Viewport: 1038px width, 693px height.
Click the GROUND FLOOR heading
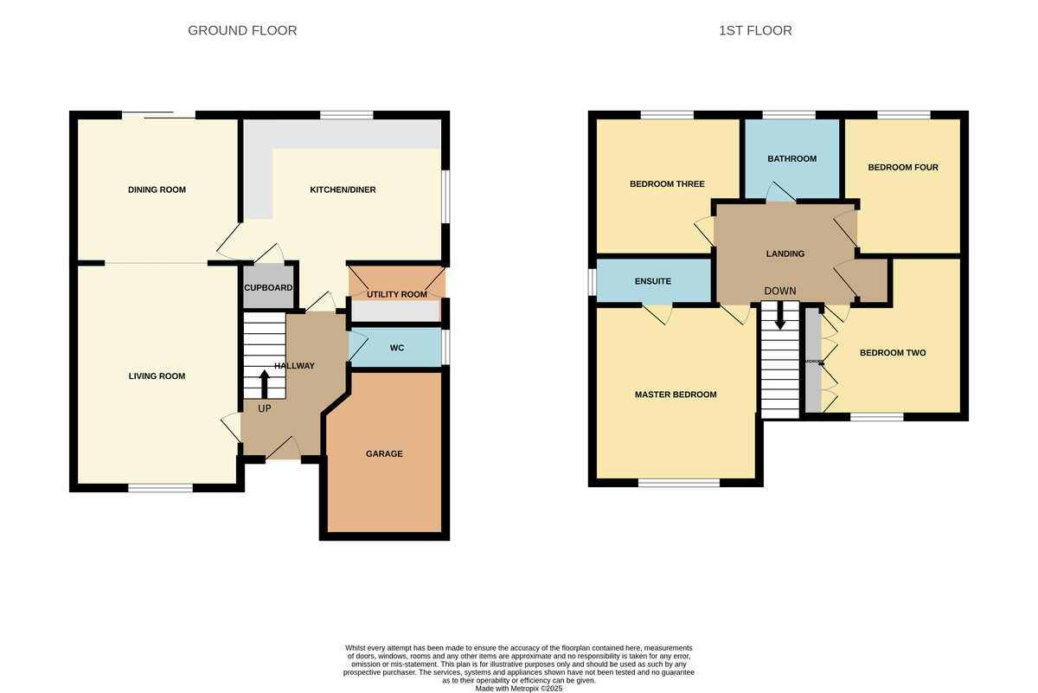[242, 31]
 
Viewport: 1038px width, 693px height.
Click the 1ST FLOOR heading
[755, 31]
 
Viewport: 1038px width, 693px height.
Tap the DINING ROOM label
[157, 190]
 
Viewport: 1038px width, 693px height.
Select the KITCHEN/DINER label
[343, 190]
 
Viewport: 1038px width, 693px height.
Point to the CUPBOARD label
[268, 288]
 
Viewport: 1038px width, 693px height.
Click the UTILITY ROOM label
[396, 295]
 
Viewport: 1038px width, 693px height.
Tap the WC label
[397, 349]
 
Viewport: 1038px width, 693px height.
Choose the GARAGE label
[384, 453]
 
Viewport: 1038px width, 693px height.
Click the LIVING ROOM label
[157, 376]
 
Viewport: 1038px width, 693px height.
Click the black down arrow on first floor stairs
[780, 315]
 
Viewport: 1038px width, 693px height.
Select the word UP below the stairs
[264, 407]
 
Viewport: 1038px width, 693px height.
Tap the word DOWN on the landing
[779, 291]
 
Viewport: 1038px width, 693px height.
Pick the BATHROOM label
[791, 159]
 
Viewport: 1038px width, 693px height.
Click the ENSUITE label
[653, 281]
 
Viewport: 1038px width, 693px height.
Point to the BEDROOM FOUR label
[903, 168]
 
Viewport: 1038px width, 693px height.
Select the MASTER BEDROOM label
[676, 395]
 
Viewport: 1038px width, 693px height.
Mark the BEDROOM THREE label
[667, 184]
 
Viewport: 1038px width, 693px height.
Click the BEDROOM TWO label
[893, 353]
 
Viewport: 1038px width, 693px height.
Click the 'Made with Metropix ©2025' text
[519, 688]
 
